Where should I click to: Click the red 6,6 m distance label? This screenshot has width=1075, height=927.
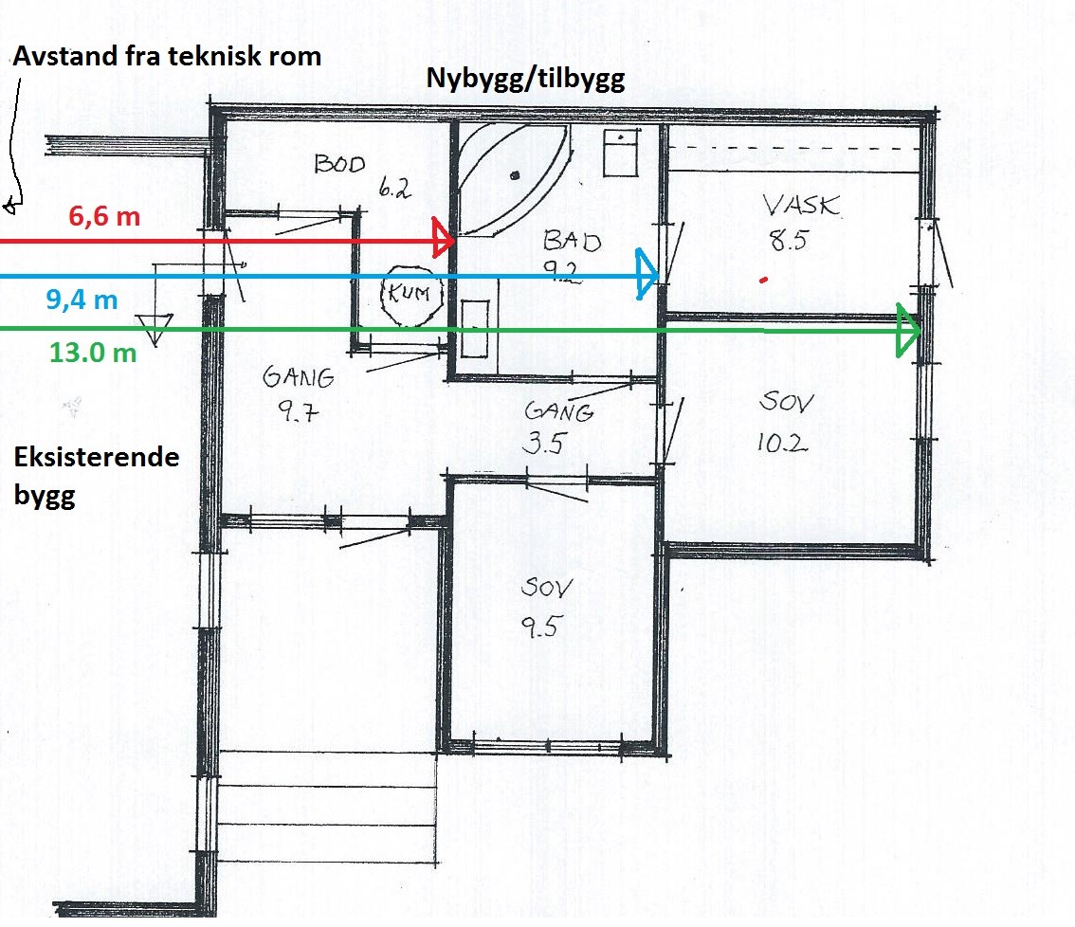click(104, 217)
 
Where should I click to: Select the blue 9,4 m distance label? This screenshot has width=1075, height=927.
click(82, 300)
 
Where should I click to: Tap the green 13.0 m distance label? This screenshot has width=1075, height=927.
click(93, 353)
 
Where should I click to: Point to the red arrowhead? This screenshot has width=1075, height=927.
click(443, 238)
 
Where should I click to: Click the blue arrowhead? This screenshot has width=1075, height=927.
click(647, 274)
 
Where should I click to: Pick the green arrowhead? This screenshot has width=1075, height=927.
click(908, 331)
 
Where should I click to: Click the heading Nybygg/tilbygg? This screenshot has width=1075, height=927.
click(525, 79)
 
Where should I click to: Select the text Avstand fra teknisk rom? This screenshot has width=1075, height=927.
click(167, 56)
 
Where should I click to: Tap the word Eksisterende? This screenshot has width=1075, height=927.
click(97, 457)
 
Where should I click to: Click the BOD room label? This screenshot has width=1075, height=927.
click(340, 165)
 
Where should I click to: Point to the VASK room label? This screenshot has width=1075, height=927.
click(801, 205)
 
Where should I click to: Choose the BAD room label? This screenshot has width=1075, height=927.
click(572, 241)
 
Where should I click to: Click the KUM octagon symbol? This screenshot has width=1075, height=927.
click(411, 296)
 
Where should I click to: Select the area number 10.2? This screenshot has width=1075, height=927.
click(782, 443)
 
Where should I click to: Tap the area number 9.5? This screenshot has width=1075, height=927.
click(541, 627)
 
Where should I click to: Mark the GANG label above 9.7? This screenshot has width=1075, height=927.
click(299, 376)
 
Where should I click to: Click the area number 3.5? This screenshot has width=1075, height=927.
click(545, 443)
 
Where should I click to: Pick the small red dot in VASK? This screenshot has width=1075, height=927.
click(764, 279)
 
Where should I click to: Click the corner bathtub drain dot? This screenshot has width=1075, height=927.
click(514, 175)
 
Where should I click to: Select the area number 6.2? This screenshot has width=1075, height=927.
click(394, 187)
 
